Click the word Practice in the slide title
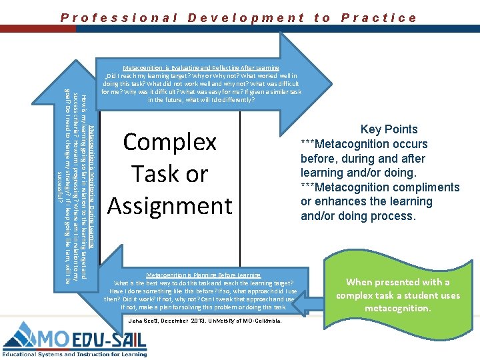tap(379, 18)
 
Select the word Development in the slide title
tap(246, 18)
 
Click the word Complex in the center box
tap(170, 142)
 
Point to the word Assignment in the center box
tap(169, 205)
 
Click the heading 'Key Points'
tap(389, 129)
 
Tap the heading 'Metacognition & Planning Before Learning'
tap(203, 275)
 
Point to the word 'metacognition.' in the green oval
tap(397, 308)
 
